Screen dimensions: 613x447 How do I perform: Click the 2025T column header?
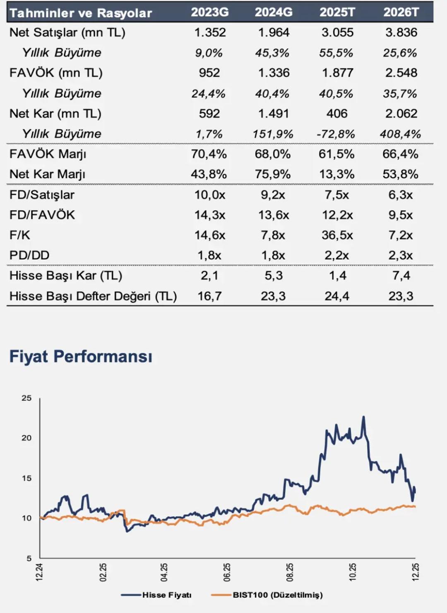pyautogui.click(x=337, y=12)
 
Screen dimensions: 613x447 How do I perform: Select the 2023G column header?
pyautogui.click(x=209, y=12)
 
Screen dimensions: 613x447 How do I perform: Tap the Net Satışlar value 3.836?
pyautogui.click(x=401, y=32)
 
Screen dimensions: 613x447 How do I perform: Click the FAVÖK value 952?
pyautogui.click(x=209, y=73)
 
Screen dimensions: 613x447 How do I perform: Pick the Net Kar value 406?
pyautogui.click(x=337, y=114)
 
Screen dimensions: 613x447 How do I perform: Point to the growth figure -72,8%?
pyautogui.click(x=336, y=134)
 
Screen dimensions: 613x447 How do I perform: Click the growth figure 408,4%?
pyautogui.click(x=400, y=134)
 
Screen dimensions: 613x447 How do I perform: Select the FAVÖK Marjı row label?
pyautogui.click(x=48, y=154)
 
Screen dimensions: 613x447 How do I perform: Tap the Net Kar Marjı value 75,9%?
pyautogui.click(x=273, y=174)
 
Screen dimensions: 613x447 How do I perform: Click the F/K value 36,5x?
pyautogui.click(x=337, y=235)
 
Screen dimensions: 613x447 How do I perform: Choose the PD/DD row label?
pyautogui.click(x=29, y=255)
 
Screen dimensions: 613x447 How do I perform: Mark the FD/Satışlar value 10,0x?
pyautogui.click(x=210, y=195)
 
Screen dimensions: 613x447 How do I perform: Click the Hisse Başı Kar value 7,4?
pyautogui.click(x=401, y=276)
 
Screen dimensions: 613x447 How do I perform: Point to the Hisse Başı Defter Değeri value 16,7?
pyautogui.click(x=209, y=296)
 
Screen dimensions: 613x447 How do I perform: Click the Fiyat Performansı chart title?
pyautogui.click(x=81, y=356)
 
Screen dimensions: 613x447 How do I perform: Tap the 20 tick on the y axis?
pyautogui.click(x=26, y=438)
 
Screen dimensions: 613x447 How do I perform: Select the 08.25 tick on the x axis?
pyautogui.click(x=290, y=572)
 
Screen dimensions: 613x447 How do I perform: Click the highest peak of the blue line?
pyautogui.click(x=364, y=417)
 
